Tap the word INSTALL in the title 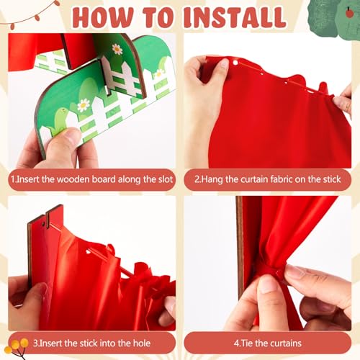point(235,17)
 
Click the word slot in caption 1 point(166,179)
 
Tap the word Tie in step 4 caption point(247,343)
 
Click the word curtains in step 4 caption point(286,343)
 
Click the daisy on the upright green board point(117,49)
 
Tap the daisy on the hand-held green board point(84,105)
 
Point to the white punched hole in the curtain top point(235,63)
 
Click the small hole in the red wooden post point(43,225)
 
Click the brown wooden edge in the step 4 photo point(240,247)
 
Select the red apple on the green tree point(349,13)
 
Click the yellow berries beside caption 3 point(17,345)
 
